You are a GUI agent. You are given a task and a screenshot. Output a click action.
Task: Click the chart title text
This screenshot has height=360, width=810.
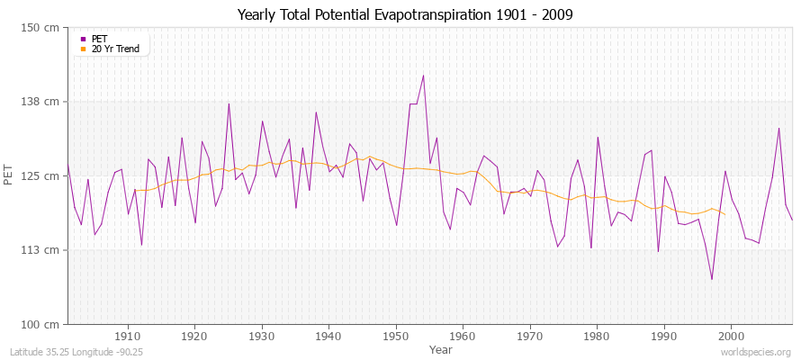[x=405, y=14]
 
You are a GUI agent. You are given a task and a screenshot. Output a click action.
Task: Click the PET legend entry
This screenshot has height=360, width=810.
[x=100, y=39]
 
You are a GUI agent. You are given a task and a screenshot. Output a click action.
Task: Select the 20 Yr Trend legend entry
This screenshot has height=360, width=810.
[x=115, y=49]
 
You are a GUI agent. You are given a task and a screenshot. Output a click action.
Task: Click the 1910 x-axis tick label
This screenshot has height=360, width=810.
[x=128, y=336]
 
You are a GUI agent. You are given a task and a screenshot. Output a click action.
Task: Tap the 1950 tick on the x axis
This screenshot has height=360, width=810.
[x=396, y=336]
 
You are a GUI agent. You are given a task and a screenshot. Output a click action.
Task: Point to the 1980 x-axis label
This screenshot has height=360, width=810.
[x=597, y=336]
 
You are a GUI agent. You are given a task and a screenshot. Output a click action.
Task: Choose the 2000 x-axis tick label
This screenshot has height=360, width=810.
[x=731, y=336]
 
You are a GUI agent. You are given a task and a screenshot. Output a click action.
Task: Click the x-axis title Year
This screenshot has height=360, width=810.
[x=441, y=348]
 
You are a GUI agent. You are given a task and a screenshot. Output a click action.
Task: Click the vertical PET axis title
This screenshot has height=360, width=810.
[x=10, y=175]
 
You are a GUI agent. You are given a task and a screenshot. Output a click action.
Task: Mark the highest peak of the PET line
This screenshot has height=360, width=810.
[x=423, y=76]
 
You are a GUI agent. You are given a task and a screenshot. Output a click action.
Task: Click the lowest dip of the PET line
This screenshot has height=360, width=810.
[x=712, y=279]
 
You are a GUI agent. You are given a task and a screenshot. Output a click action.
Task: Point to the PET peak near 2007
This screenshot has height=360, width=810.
[x=778, y=128]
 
